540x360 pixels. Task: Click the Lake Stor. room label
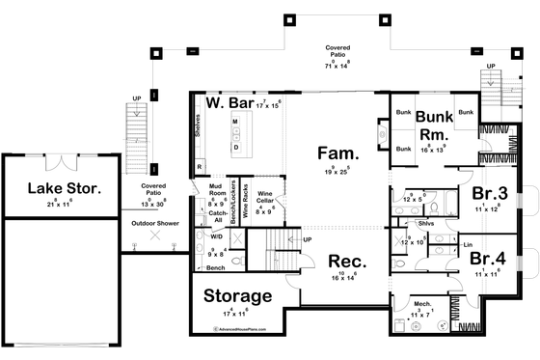point(64,188)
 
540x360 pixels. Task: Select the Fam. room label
point(338,153)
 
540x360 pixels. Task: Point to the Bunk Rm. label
point(434,125)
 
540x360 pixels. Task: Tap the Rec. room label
point(344,262)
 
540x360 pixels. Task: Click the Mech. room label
point(422,303)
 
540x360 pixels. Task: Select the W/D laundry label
point(216,235)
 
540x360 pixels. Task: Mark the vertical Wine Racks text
point(246,201)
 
